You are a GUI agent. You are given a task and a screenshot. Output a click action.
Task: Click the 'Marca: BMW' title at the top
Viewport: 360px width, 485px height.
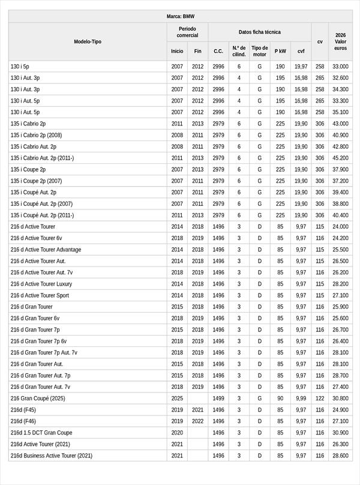(180, 16)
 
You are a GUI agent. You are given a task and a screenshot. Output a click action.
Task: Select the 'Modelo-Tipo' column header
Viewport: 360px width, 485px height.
(88, 41)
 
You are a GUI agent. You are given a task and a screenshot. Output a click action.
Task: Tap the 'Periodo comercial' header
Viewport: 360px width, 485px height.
(187, 32)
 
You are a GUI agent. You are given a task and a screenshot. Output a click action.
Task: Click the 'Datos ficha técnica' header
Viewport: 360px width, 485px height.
(259, 32)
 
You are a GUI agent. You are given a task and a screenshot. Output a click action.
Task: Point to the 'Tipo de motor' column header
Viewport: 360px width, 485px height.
(260, 51)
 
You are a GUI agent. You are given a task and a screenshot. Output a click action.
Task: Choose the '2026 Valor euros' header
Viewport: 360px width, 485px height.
(340, 41)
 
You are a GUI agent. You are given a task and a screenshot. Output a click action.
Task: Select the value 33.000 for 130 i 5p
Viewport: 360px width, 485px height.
(340, 67)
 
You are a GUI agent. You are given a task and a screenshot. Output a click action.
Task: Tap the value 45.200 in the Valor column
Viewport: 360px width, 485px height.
(340, 158)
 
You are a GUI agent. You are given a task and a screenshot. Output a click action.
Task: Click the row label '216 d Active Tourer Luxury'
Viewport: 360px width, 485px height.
(41, 284)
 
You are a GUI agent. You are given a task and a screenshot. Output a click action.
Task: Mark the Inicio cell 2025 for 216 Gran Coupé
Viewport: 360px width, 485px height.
(177, 398)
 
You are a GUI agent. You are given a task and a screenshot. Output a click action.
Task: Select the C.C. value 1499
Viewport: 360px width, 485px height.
(218, 398)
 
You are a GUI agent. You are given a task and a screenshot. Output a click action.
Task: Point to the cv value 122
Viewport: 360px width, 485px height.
(320, 398)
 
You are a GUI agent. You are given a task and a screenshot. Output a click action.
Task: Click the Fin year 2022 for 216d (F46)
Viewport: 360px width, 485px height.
(197, 421)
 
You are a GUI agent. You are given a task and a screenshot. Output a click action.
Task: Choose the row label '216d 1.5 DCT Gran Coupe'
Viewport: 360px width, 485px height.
(41, 433)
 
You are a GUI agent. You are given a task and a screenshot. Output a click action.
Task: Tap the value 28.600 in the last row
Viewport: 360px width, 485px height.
(340, 456)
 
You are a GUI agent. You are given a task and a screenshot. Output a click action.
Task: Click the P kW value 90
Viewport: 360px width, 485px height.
(280, 398)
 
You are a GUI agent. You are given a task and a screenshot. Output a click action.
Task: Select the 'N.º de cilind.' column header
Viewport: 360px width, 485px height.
(239, 51)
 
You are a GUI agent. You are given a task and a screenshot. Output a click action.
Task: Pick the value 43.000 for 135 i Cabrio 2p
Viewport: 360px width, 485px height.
(340, 124)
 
